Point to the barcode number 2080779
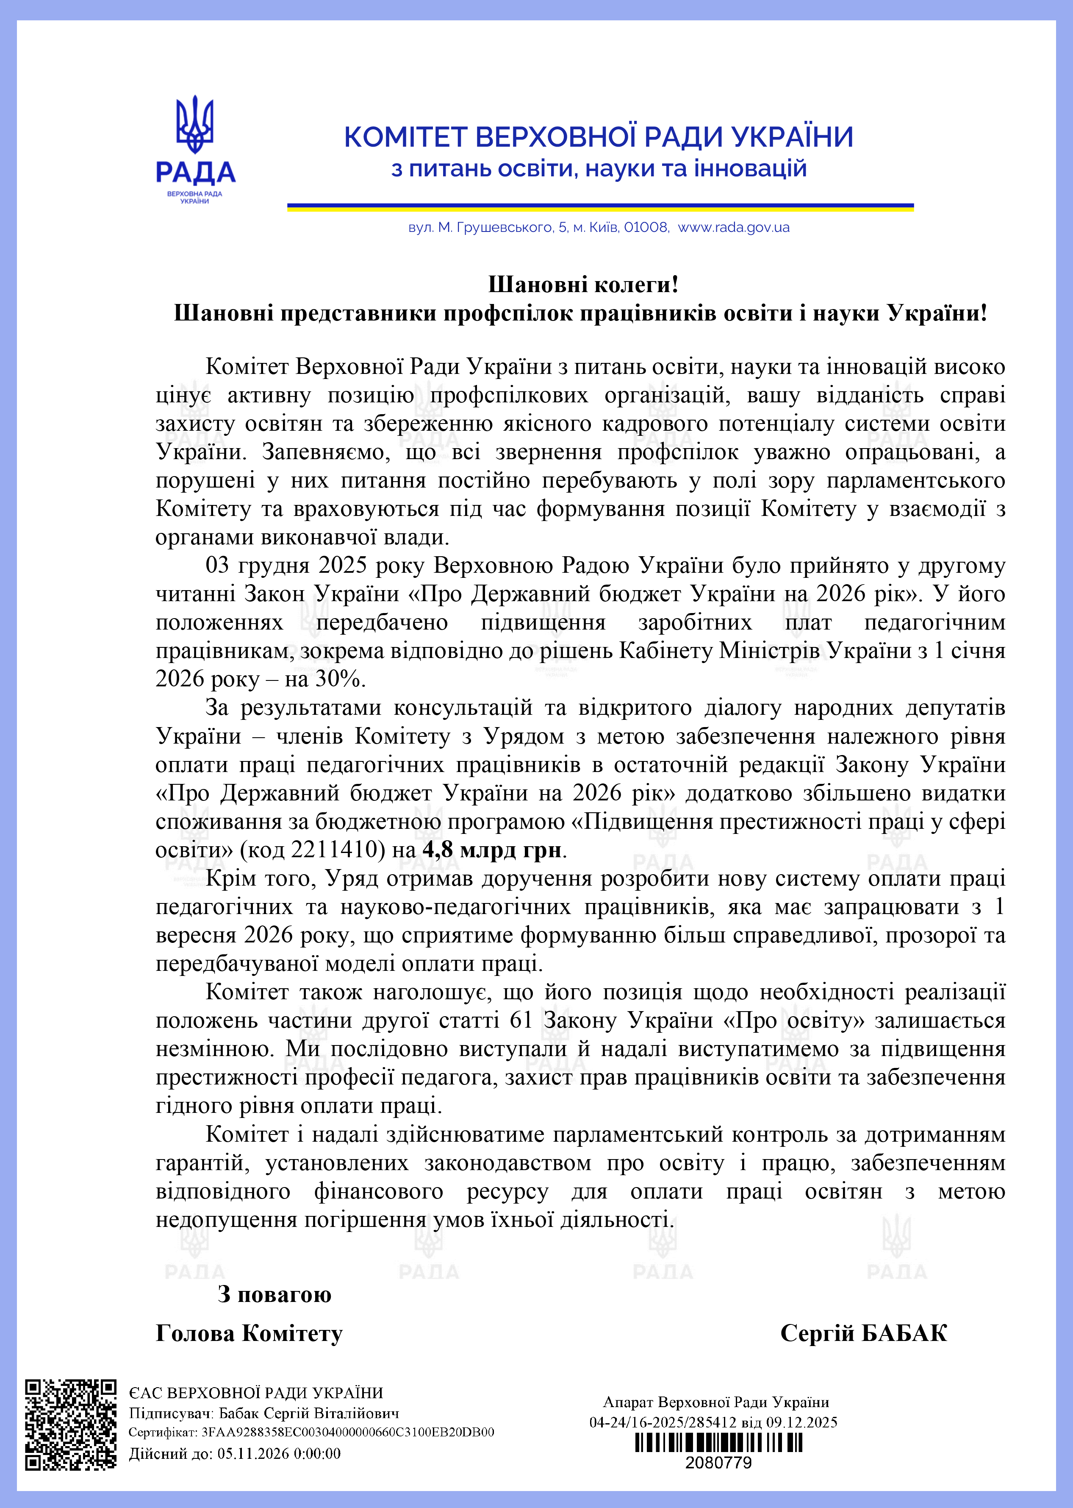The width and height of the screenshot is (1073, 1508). (718, 1462)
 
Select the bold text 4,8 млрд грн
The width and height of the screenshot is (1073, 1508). (493, 850)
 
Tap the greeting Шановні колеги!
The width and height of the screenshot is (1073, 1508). (583, 284)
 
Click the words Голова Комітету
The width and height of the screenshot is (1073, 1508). (249, 1333)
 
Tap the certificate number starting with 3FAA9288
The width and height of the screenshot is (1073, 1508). (347, 1432)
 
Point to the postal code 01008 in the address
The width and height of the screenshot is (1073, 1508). (646, 227)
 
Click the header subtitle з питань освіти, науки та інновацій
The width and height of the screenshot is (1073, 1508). (599, 169)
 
